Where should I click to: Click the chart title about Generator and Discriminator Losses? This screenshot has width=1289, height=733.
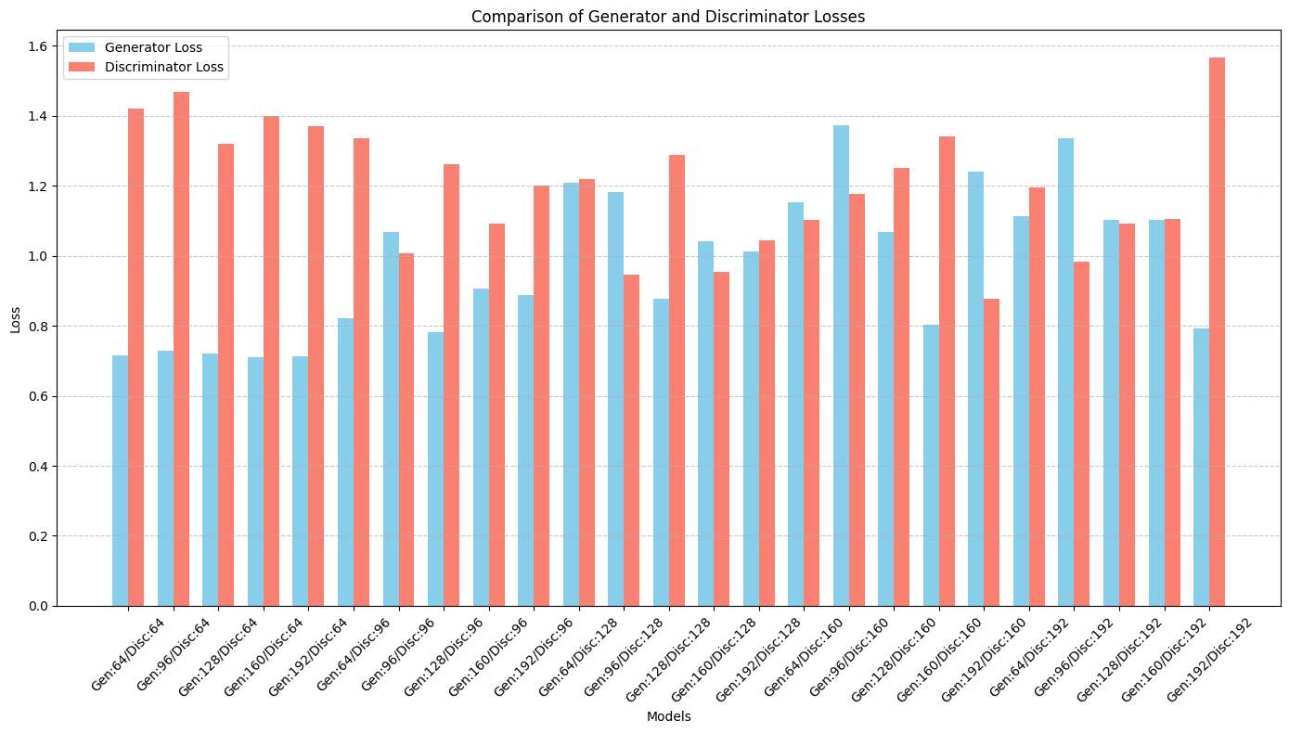click(x=668, y=16)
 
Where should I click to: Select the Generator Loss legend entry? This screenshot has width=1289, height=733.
click(x=153, y=47)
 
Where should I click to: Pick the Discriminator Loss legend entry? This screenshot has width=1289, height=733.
click(x=163, y=67)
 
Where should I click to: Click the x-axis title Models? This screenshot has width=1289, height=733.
click(x=668, y=716)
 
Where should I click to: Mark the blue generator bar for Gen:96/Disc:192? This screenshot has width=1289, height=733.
click(x=1065, y=372)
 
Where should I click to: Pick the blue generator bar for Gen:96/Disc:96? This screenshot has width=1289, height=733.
click(x=391, y=418)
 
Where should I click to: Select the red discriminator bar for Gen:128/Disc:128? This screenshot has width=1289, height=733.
click(x=677, y=380)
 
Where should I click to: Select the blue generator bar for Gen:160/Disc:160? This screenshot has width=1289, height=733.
click(x=931, y=465)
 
